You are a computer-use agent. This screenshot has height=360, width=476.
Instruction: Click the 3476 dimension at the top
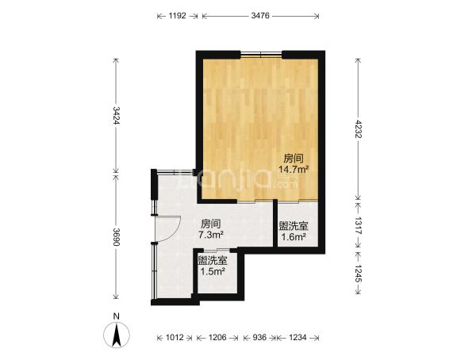click(260, 16)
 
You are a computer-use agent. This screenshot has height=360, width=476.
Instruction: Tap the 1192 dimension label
click(177, 16)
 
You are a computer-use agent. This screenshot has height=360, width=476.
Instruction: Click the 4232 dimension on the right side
click(359, 129)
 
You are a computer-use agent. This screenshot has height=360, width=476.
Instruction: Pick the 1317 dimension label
click(359, 225)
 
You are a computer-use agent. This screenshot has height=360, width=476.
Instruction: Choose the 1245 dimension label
click(359, 274)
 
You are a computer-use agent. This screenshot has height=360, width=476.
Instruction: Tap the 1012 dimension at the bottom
click(175, 337)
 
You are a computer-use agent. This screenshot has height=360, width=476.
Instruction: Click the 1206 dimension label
click(217, 337)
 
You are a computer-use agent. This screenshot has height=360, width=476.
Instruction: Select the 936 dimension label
click(259, 337)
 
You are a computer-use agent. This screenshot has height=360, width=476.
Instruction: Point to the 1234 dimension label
click(297, 337)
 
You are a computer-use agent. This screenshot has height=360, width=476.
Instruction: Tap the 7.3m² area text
click(211, 235)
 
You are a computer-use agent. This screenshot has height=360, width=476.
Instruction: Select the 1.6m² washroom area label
click(294, 236)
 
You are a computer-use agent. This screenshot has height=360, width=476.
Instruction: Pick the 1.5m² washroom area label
click(213, 271)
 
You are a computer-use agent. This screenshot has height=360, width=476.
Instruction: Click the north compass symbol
click(117, 335)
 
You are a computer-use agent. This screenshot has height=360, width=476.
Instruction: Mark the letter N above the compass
click(116, 316)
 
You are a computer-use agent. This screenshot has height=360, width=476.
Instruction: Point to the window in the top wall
click(261, 55)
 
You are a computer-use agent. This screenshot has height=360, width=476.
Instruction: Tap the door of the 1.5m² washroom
click(217, 251)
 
